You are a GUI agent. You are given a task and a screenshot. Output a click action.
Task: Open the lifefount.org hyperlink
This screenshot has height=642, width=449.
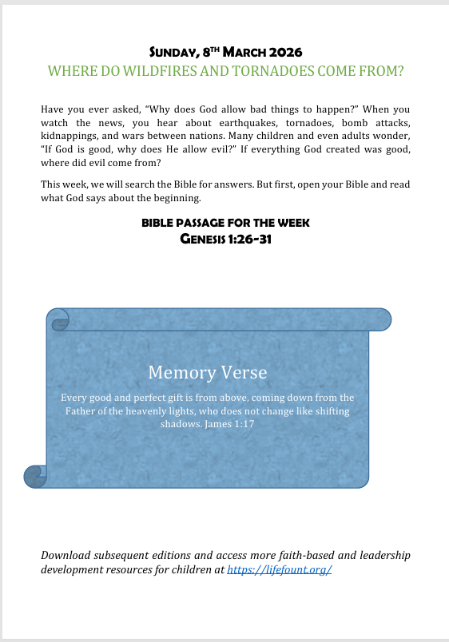tap(279, 570)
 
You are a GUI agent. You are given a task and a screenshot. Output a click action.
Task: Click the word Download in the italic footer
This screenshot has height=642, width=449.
tap(68, 555)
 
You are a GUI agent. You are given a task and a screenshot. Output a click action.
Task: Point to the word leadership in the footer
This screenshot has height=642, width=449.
tap(381, 555)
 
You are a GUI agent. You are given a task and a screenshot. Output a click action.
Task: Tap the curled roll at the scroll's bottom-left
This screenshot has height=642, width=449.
tap(35, 477)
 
